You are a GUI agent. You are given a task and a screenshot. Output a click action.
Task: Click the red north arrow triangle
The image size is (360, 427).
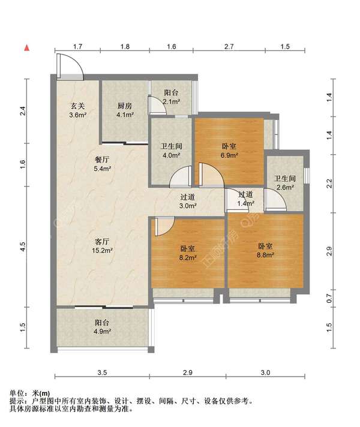point(27,48)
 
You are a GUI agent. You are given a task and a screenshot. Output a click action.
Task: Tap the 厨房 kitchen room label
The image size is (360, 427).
point(125,106)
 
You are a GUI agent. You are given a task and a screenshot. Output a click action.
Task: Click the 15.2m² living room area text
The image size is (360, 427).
point(102,250)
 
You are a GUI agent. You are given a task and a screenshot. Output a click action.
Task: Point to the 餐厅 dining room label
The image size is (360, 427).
point(102,160)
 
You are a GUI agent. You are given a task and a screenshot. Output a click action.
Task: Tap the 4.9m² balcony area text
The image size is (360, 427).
point(103,332)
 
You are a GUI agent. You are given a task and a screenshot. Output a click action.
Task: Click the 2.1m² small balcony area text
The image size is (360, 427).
point(171,102)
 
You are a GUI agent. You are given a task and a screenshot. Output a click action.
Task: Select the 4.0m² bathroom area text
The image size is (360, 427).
point(171,155)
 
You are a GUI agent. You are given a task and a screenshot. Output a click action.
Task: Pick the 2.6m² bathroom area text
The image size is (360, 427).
point(285,187)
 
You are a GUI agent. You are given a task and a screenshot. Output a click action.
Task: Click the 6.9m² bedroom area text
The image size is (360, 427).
point(229,155)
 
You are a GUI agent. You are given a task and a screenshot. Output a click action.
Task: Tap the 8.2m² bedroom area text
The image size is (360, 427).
point(188,257)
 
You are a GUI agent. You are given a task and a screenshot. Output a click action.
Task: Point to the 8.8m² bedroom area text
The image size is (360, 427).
point(265,255)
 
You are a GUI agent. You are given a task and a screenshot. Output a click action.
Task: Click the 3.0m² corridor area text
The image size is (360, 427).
point(188,206)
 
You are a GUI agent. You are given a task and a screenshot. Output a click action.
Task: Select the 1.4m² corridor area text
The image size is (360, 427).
point(245,203)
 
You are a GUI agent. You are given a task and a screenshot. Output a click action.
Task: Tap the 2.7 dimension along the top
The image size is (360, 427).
point(229,47)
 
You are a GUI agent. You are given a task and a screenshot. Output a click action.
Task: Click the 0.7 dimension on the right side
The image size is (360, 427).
point(329,299)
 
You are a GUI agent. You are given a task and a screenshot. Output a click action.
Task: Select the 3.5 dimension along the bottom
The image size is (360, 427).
point(102,372)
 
